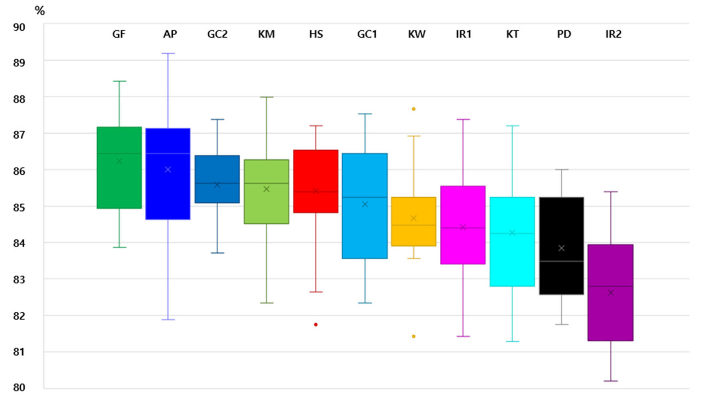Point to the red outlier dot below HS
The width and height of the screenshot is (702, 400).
pyautogui.click(x=316, y=324)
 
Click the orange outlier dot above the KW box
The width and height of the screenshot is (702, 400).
pyautogui.click(x=414, y=109)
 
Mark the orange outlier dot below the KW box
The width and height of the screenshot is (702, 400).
pyautogui.click(x=414, y=336)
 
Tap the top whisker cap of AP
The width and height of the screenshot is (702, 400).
pyautogui.click(x=168, y=53)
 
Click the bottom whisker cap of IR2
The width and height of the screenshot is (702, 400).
pyautogui.click(x=610, y=381)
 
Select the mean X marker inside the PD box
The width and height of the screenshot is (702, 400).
pyautogui.click(x=562, y=248)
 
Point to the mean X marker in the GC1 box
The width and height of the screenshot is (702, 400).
pyautogui.click(x=365, y=204)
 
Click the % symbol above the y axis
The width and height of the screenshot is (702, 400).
pyautogui.click(x=39, y=10)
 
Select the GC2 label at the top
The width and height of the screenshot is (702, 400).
pyautogui.click(x=217, y=35)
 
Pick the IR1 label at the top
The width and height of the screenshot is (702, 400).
pyautogui.click(x=463, y=35)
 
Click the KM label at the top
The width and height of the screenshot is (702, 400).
pyautogui.click(x=267, y=35)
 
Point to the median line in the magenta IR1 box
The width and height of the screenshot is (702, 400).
pyautogui.click(x=463, y=227)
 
